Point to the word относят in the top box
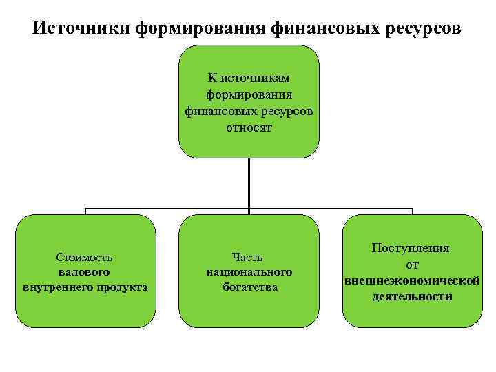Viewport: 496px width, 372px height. click(x=249, y=127)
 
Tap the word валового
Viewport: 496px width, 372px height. click(x=85, y=271)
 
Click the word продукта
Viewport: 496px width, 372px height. click(x=125, y=286)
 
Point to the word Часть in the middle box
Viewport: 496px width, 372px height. click(x=249, y=257)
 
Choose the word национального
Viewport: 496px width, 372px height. click(x=249, y=271)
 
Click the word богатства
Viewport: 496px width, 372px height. click(x=249, y=286)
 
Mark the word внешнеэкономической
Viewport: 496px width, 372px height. click(x=411, y=280)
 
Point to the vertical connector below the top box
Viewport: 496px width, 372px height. click(x=249, y=183)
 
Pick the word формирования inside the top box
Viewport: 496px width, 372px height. click(x=249, y=93)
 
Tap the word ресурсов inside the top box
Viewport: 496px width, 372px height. click(x=288, y=110)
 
